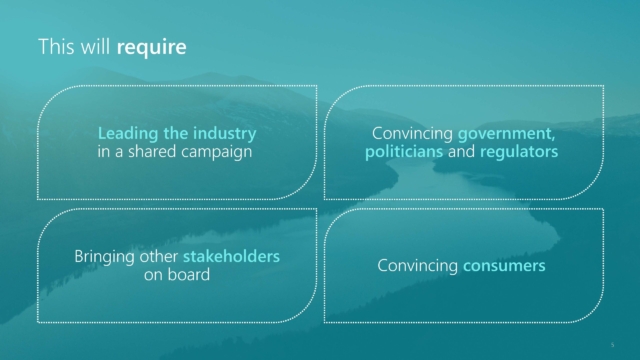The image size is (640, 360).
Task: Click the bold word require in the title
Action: click(151, 47)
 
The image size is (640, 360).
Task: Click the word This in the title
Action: click(57, 46)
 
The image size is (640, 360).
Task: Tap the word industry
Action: click(224, 133)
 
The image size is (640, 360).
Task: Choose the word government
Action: click(506, 134)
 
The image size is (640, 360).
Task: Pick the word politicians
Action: click(404, 151)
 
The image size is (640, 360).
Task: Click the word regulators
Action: click(519, 152)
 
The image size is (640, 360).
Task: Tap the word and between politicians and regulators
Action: click(461, 151)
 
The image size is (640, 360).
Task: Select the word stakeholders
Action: click(231, 256)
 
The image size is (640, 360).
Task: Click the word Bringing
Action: click(104, 257)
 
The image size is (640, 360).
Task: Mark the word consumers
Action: click(504, 266)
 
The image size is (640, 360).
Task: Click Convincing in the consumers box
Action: click(418, 266)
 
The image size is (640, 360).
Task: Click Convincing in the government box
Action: click(412, 134)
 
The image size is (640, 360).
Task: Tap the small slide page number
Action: click(612, 345)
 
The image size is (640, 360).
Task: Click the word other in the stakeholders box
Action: click(159, 257)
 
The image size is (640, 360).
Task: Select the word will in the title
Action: click(96, 46)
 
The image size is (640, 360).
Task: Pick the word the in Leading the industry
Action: click(176, 133)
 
